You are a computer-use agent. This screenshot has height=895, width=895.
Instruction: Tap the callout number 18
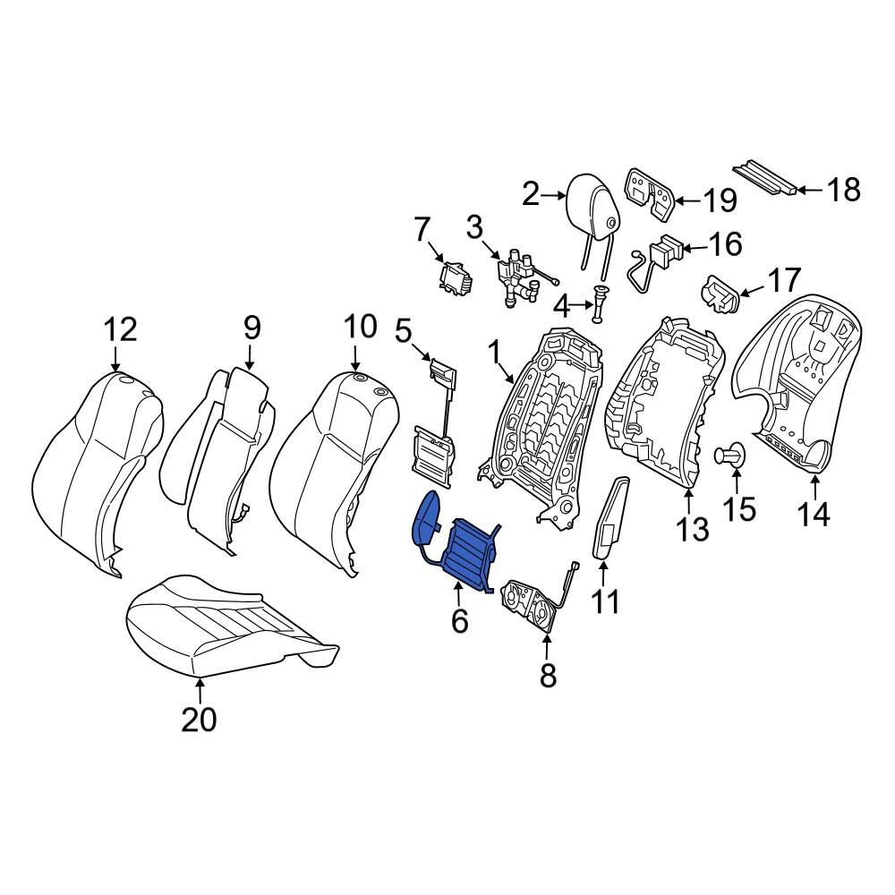(841, 190)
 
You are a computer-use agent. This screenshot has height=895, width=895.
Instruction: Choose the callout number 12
(119, 329)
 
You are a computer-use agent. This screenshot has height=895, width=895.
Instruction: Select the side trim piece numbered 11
(611, 519)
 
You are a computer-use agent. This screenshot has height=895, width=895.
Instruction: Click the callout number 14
(815, 515)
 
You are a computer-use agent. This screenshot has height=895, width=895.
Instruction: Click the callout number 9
(251, 328)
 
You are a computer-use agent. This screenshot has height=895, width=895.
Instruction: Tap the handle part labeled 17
(720, 295)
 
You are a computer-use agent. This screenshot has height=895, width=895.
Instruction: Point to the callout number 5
(404, 331)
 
